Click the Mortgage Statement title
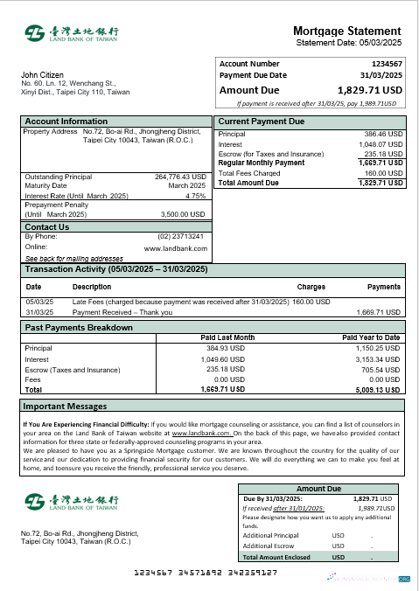point(347,31)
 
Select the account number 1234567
point(387,64)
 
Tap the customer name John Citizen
point(41,75)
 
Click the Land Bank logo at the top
point(72,34)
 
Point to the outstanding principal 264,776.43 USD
point(180,176)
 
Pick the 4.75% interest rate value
point(196,196)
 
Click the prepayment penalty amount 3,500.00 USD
point(183,213)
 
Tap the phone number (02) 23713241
point(180,236)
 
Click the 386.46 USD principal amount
point(383,134)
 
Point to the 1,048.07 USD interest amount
point(381,143)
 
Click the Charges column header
point(311,286)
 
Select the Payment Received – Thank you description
point(122,312)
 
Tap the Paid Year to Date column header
point(371,337)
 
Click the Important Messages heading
point(65,407)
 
